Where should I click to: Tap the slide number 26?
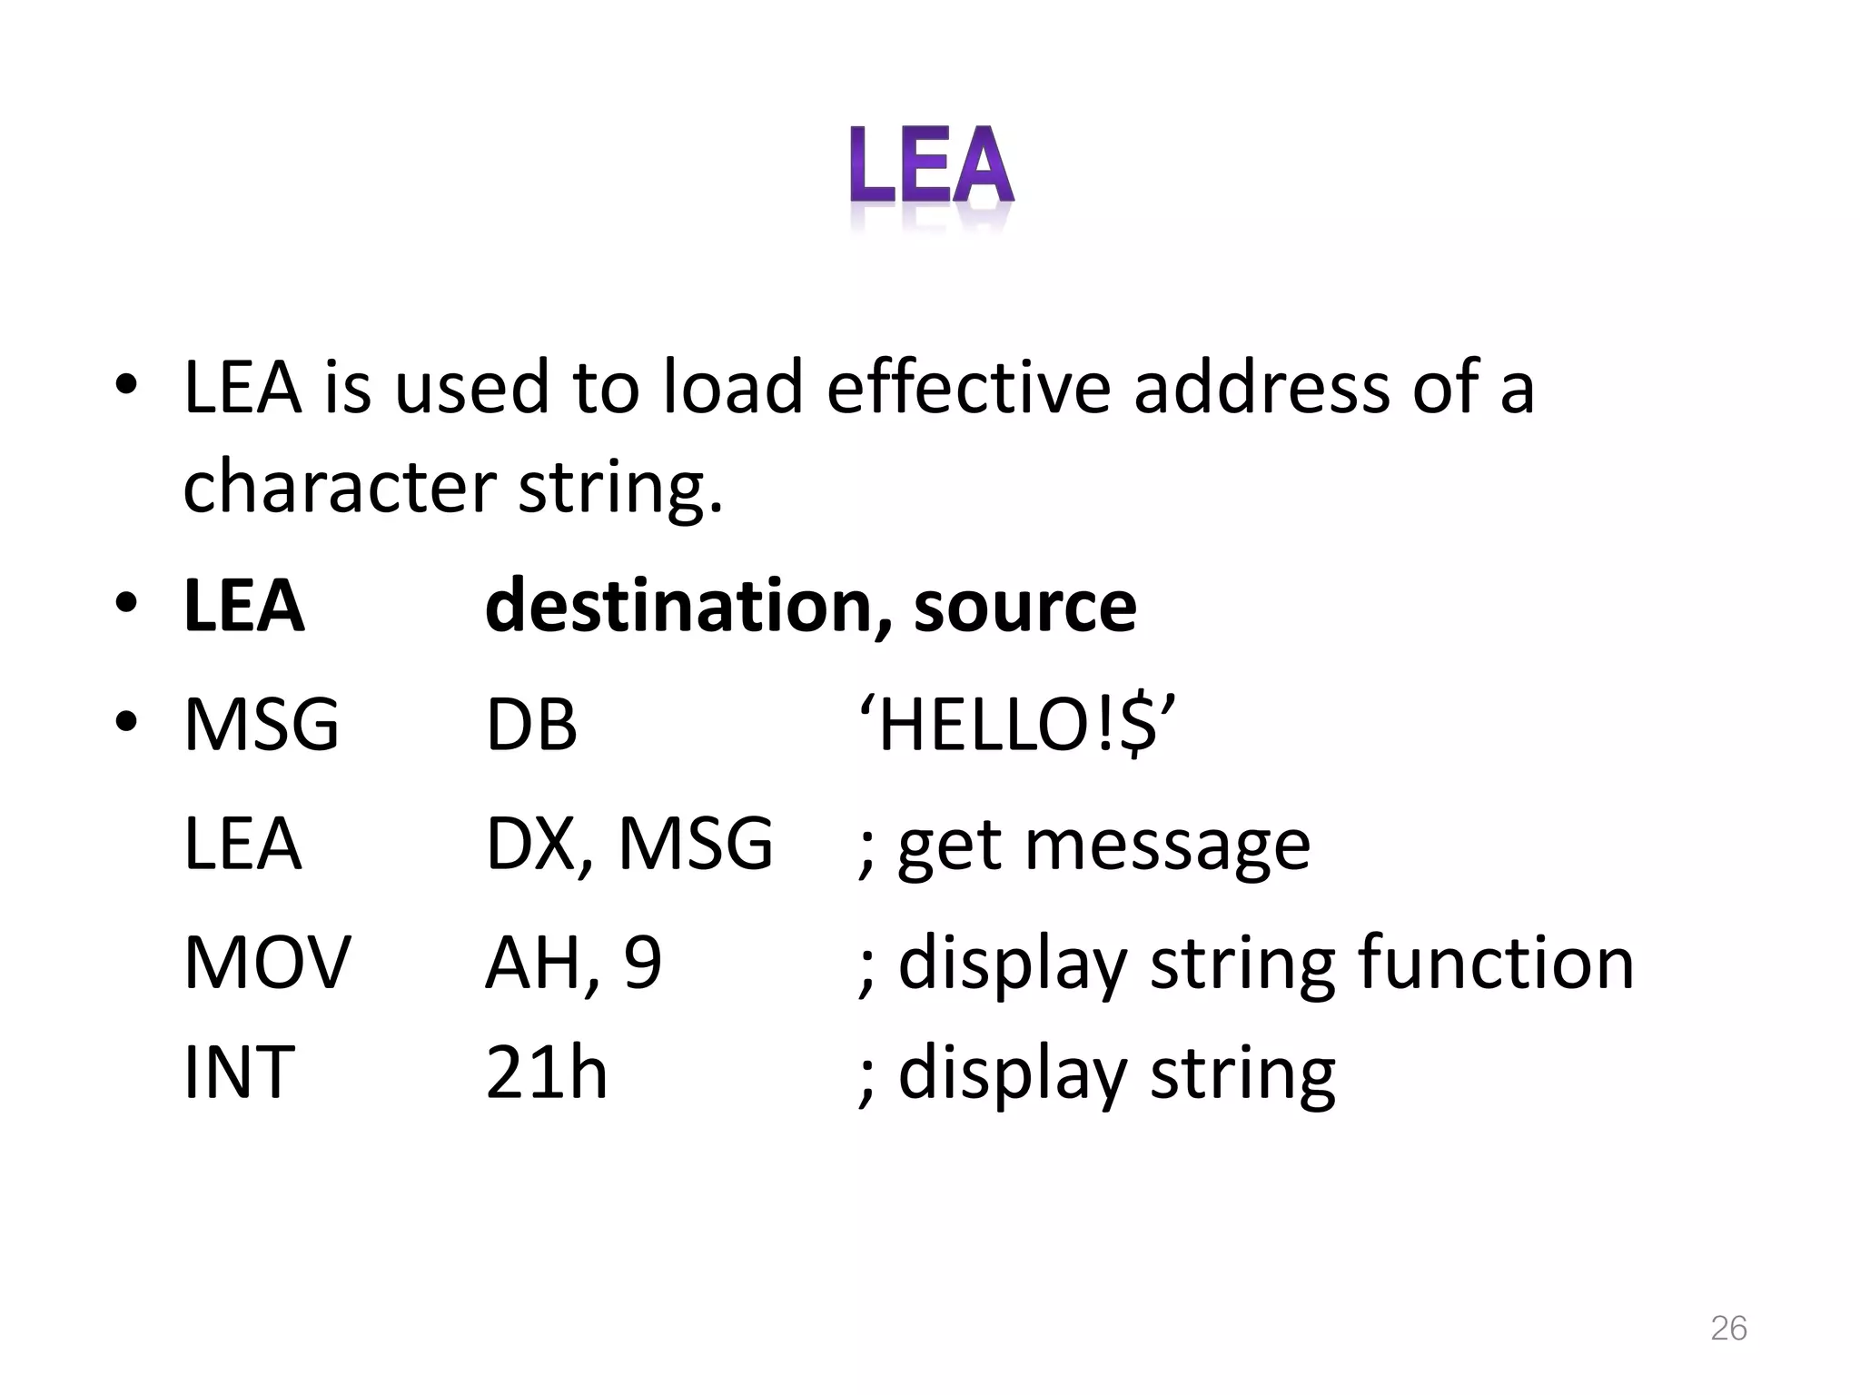1728,1328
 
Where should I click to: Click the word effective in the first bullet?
968,388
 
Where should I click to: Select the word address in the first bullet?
1261,388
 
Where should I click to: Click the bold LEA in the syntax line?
243,606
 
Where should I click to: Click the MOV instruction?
267,962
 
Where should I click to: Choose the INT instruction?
239,1073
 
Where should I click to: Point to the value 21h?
546,1073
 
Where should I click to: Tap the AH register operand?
532,962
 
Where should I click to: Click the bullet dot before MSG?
126,723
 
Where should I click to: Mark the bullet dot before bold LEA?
126,603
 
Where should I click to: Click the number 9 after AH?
643,962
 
